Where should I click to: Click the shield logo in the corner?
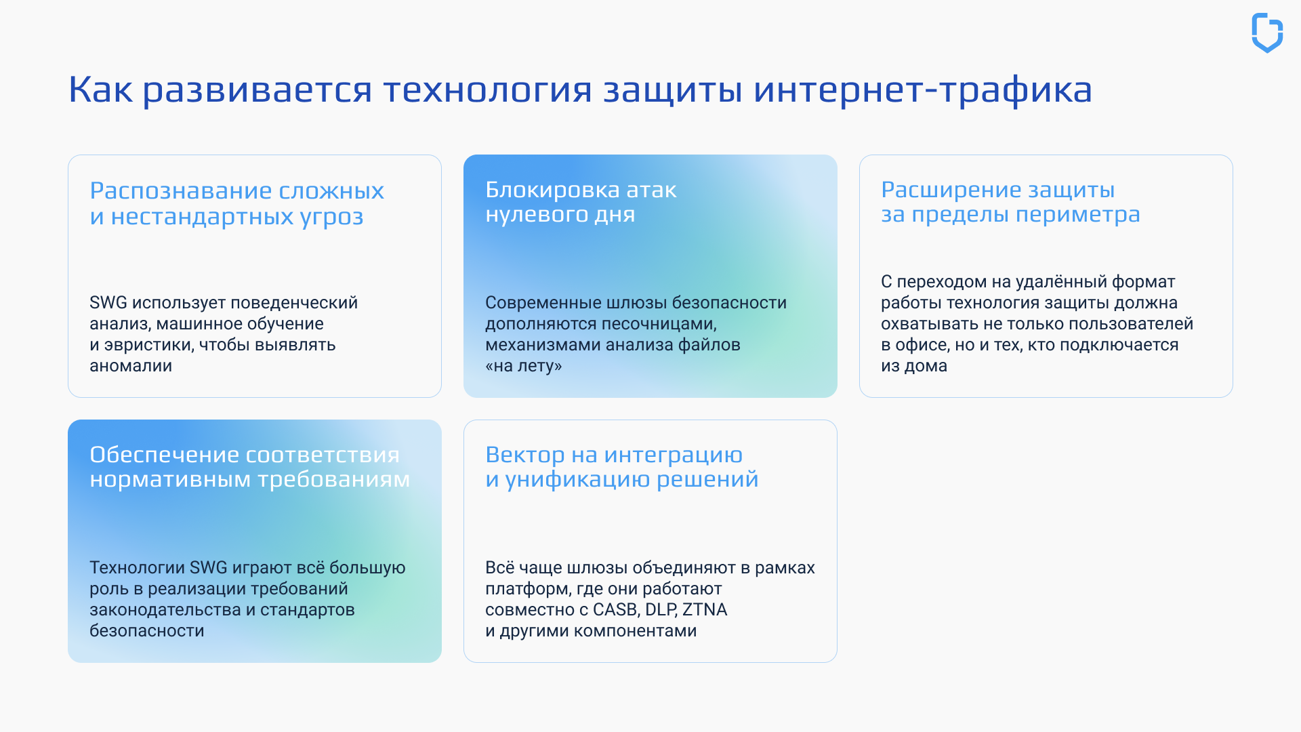coord(1266,33)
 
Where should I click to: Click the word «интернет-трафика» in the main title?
coord(922,89)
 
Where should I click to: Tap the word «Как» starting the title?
coord(100,89)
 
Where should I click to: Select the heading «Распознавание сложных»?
coord(236,190)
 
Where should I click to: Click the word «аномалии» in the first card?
coord(131,366)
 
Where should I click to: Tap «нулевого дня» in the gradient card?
coord(560,214)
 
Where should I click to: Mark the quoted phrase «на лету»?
coord(524,366)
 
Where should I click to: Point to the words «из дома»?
coord(913,366)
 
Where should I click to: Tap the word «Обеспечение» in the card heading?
coord(163,455)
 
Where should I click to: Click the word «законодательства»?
coord(165,610)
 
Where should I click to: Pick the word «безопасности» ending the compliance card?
coord(146,631)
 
